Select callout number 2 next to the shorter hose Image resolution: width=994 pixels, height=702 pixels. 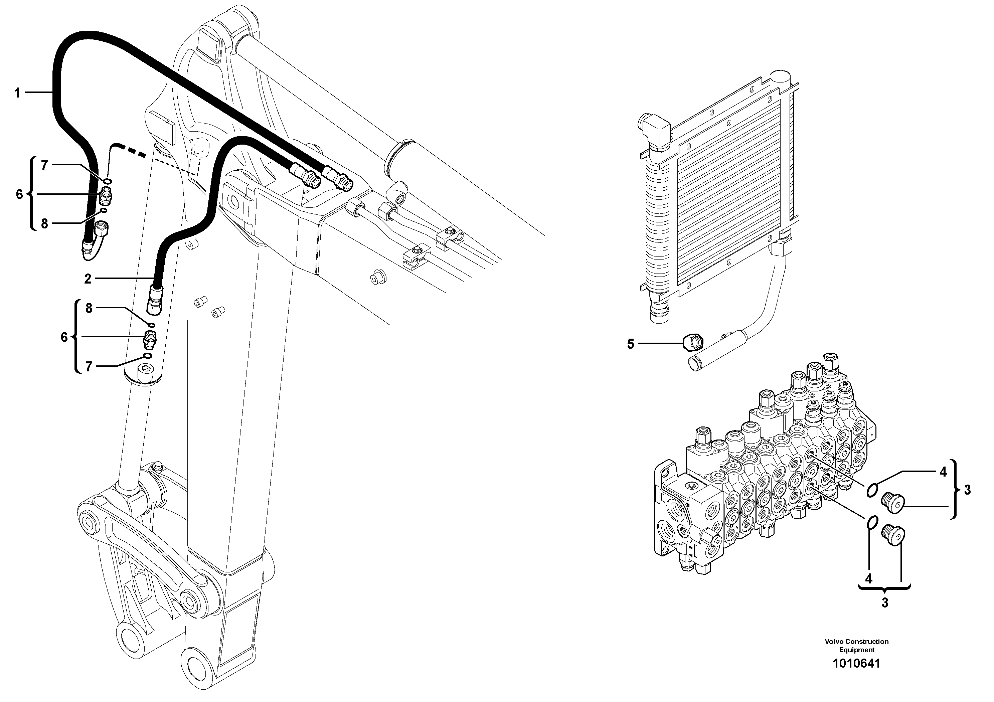(x=88, y=279)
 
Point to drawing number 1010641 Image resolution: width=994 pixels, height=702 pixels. (x=856, y=676)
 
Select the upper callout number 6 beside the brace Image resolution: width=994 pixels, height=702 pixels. (x=19, y=194)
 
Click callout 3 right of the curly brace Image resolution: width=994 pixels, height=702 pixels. (x=967, y=490)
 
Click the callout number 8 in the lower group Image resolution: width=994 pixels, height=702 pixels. (x=89, y=308)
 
